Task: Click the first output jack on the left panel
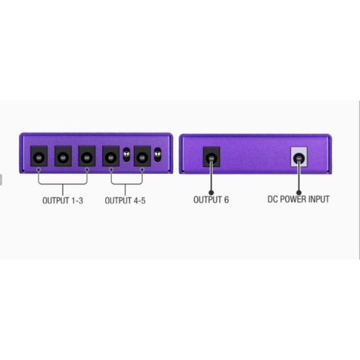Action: click(x=39, y=156)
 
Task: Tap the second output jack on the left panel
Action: click(x=63, y=156)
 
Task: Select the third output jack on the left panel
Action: click(x=87, y=156)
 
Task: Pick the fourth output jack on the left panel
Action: click(x=111, y=156)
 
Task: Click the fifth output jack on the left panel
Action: click(x=142, y=156)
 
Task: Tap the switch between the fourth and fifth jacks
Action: click(x=126, y=154)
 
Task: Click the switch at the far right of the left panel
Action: click(x=157, y=154)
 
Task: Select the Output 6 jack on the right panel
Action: click(x=212, y=157)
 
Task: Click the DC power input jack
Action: click(x=299, y=157)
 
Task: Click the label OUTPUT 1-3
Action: click(x=63, y=200)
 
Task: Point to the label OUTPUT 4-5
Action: click(x=125, y=200)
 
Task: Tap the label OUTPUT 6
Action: click(x=211, y=200)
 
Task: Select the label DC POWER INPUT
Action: click(x=299, y=199)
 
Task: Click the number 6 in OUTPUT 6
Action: click(x=226, y=200)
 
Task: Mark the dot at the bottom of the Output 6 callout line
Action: click(x=211, y=193)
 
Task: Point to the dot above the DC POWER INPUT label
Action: click(x=299, y=193)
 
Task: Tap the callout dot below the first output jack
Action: click(x=39, y=170)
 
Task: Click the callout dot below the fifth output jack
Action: click(x=142, y=170)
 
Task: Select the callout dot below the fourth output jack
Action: click(x=111, y=170)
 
